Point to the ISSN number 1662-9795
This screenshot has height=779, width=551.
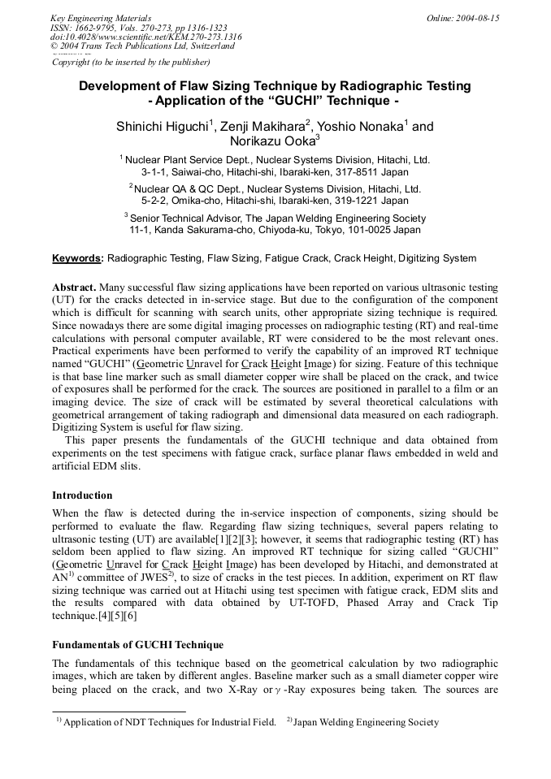tap(94, 28)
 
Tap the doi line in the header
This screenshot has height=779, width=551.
tap(146, 37)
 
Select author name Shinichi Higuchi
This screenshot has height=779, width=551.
tap(163, 126)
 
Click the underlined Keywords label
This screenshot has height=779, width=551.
tap(78, 258)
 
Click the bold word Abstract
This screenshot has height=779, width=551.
tap(74, 288)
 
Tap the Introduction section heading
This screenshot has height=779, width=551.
tap(82, 495)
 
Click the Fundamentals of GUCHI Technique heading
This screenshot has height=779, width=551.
tap(137, 645)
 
